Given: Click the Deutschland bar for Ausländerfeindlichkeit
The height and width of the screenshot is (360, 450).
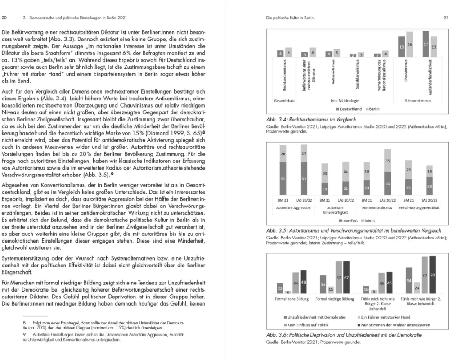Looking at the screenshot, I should pyautogui.click(x=426, y=45).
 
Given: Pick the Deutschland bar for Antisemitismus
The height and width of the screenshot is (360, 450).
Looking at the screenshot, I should pyautogui.click(x=329, y=54).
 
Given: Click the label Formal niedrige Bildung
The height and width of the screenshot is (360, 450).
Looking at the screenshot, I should pyautogui.click(x=335, y=299).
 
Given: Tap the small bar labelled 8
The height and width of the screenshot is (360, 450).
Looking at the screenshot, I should pyautogui.click(x=374, y=292).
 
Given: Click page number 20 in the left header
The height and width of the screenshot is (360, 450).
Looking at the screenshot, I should pyautogui.click(x=4, y=18).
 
